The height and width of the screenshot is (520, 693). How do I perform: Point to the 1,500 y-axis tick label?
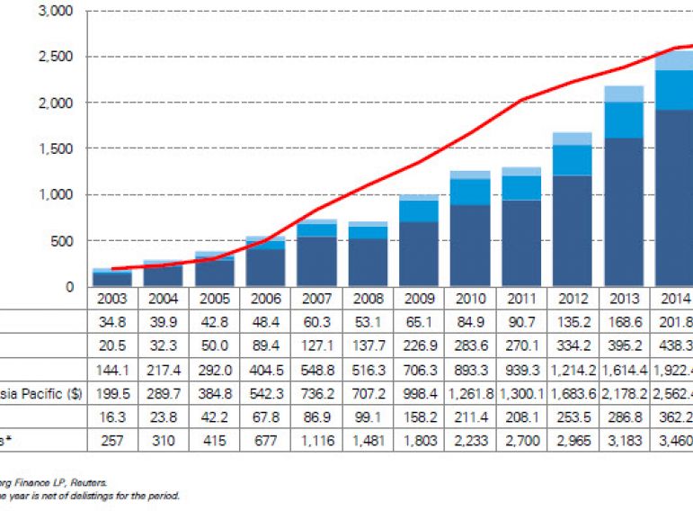[57, 148]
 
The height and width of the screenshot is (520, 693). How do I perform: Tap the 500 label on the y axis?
[62, 241]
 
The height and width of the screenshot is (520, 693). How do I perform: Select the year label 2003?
[111, 298]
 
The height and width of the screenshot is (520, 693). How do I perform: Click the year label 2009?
[419, 298]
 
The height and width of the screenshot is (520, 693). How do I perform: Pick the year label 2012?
[573, 298]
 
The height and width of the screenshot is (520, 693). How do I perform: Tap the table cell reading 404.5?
[265, 368]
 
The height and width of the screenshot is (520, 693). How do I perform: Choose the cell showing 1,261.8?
[470, 392]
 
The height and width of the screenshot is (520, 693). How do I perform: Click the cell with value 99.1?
[368, 417]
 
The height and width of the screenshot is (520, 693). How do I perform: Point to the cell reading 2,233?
[470, 441]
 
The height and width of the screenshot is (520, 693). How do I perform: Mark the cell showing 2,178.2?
[624, 392]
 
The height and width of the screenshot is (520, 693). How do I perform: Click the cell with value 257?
[111, 441]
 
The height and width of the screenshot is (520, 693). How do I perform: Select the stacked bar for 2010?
[470, 234]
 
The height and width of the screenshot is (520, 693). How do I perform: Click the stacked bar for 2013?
[624, 189]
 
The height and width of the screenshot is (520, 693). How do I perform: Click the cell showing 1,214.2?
[573, 368]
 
